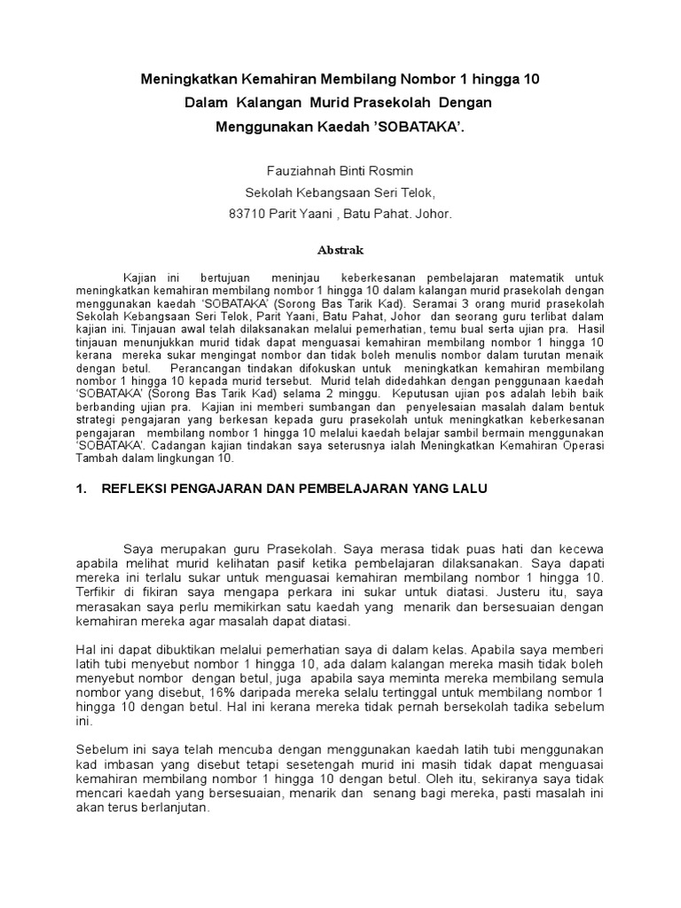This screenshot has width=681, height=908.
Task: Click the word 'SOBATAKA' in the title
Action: click(415, 128)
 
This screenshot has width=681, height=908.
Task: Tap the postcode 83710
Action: click(247, 214)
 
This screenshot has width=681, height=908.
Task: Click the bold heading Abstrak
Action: click(340, 250)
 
